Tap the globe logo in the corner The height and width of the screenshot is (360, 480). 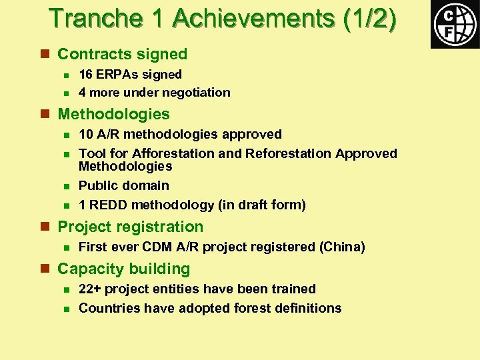455,25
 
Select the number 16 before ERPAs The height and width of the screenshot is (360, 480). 86,74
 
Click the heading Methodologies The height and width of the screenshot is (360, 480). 113,114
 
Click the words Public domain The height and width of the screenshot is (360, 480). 124,185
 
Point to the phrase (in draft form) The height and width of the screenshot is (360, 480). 261,205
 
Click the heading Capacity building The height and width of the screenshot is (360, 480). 123,269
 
